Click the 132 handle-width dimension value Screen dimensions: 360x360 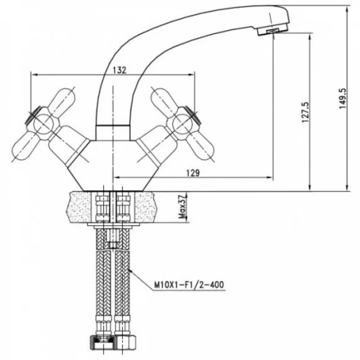pyautogui.click(x=120, y=70)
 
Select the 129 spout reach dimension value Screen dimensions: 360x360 pyautogui.click(x=193, y=172)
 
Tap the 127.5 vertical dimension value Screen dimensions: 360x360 pyautogui.click(x=306, y=112)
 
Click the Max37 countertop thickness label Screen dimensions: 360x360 pyautogui.click(x=183, y=207)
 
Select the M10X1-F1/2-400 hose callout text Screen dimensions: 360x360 pyautogui.click(x=189, y=285)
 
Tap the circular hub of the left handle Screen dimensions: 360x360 pyautogui.click(x=43, y=124)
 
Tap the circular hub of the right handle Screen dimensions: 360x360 pyautogui.click(x=182, y=124)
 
